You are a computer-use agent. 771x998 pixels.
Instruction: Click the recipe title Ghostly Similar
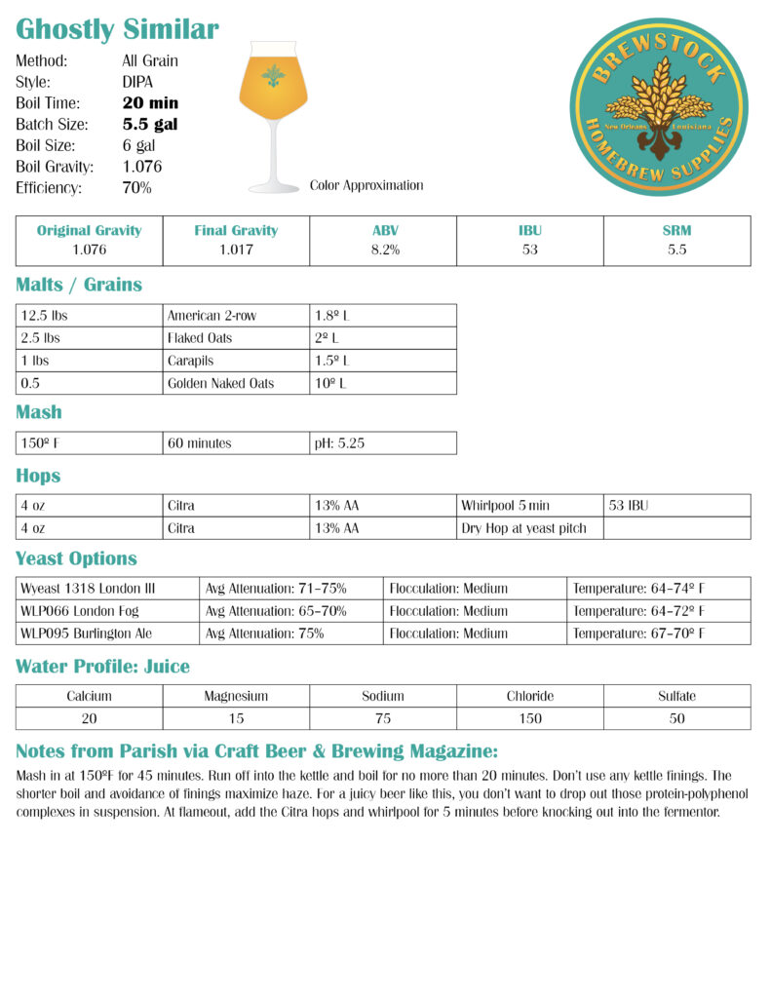click(117, 29)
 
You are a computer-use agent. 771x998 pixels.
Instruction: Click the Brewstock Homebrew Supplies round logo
click(658, 107)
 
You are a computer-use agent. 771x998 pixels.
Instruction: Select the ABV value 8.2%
click(383, 249)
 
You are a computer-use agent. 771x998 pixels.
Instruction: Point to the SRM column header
click(676, 231)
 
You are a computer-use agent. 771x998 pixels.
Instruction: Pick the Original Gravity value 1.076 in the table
click(89, 249)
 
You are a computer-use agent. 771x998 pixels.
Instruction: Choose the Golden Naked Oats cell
click(220, 383)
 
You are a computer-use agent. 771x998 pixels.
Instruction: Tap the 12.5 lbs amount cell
click(45, 316)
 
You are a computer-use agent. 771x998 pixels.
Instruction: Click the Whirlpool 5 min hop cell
click(505, 506)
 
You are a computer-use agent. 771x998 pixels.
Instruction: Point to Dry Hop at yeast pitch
click(523, 528)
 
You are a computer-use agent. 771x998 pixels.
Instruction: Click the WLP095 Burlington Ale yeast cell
click(87, 633)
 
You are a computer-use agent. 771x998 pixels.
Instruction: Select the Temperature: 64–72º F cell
click(638, 611)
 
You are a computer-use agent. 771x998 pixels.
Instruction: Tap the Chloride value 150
click(530, 718)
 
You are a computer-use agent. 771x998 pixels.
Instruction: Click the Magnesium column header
click(236, 696)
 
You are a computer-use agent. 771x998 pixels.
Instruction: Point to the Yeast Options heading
click(76, 559)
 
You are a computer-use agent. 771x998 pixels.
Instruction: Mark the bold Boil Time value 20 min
click(150, 103)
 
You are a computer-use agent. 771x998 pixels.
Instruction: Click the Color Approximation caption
click(366, 184)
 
